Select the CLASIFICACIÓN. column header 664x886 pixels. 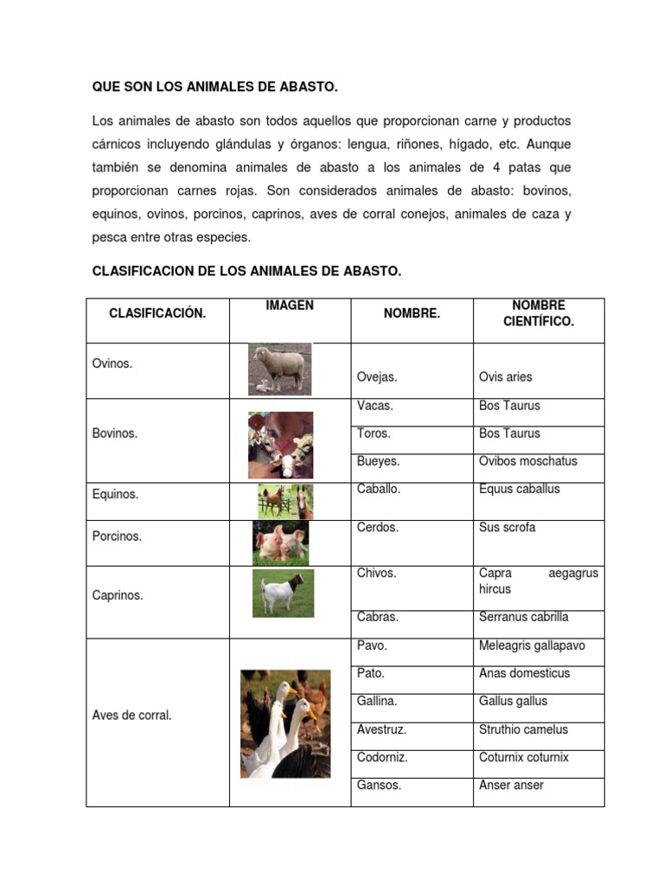(x=157, y=313)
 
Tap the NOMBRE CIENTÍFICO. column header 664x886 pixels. (x=538, y=313)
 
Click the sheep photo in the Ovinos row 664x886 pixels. (x=279, y=369)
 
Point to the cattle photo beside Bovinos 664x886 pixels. (x=281, y=445)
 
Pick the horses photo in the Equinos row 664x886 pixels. (x=285, y=501)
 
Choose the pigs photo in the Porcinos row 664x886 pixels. (x=281, y=543)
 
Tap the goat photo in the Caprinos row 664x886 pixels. (x=283, y=593)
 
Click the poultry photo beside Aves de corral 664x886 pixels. (x=285, y=723)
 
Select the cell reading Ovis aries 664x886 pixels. (x=506, y=377)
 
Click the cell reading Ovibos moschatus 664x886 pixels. (x=527, y=461)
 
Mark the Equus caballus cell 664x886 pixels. (x=519, y=489)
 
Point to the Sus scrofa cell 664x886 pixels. (x=508, y=527)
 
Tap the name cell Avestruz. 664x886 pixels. (x=381, y=729)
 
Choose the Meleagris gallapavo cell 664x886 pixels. (x=532, y=645)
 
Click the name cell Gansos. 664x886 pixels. (x=379, y=786)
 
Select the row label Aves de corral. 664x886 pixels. (x=131, y=716)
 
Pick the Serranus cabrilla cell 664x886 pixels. (x=523, y=617)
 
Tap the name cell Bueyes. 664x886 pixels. (x=378, y=461)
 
